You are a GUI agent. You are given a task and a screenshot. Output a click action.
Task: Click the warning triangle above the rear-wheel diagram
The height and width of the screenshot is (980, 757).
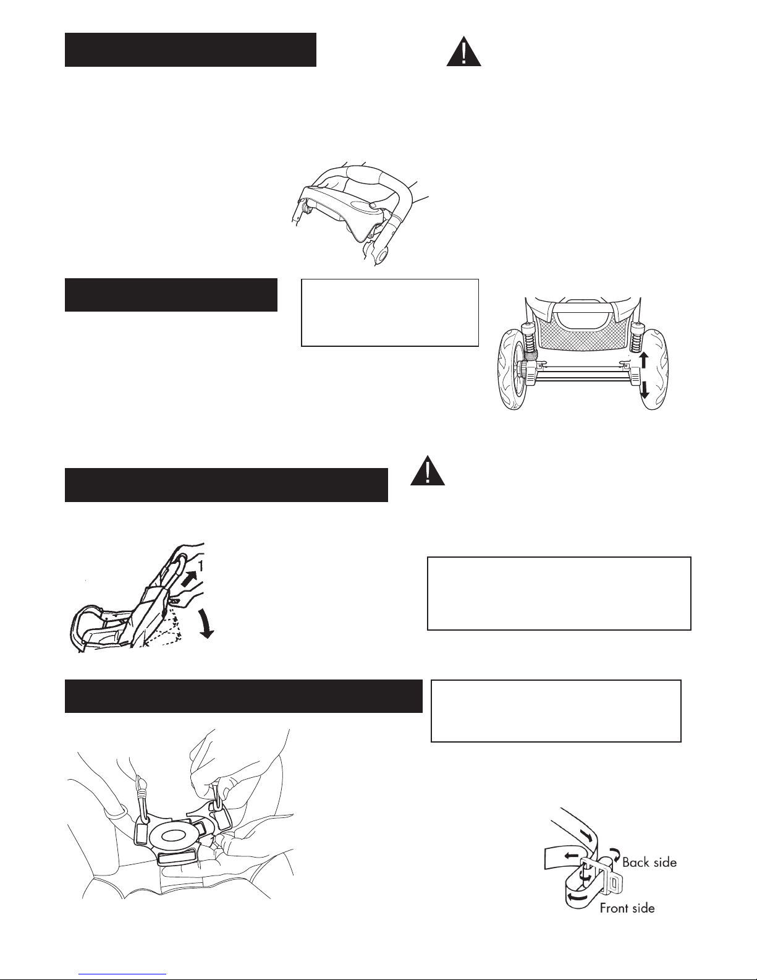(463, 53)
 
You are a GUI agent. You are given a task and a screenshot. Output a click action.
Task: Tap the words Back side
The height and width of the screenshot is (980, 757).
(649, 863)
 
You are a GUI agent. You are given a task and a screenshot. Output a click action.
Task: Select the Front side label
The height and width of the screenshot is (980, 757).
(627, 908)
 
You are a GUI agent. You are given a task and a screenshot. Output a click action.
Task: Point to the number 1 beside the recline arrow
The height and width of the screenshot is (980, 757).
(200, 566)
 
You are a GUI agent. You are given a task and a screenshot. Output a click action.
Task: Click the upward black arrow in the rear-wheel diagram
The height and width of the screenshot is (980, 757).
(644, 361)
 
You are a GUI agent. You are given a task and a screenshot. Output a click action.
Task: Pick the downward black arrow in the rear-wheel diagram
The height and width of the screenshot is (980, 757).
(645, 389)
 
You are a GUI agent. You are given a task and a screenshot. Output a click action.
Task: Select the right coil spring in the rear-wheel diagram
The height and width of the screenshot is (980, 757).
(635, 338)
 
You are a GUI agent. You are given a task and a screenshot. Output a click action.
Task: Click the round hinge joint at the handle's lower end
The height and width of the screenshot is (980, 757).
(382, 257)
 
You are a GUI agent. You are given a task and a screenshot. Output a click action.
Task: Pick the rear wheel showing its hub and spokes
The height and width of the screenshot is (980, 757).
(514, 369)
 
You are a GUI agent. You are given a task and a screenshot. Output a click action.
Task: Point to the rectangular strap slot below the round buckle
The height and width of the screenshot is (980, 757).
(176, 857)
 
